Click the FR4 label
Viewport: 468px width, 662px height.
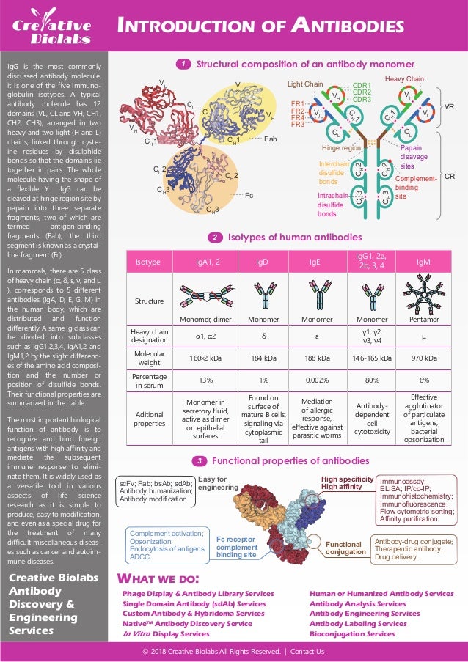coord(297,117)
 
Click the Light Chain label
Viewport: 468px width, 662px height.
coord(304,84)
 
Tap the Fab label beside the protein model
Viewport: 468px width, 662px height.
coord(270,139)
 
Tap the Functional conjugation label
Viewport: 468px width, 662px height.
coord(343,549)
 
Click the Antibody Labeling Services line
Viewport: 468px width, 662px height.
coord(358,623)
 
